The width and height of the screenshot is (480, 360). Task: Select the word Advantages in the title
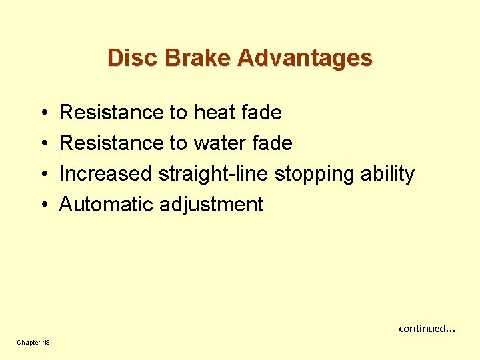305,58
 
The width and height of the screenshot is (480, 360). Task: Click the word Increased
106,174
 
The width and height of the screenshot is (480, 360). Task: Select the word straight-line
213,174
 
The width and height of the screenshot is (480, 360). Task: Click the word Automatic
107,205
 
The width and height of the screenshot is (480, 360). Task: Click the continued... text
427,328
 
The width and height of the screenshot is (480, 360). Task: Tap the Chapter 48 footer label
33,342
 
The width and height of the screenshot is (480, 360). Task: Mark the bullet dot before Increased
42,175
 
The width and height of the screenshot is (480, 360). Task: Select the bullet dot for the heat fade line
42,113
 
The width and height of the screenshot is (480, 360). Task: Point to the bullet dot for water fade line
42,144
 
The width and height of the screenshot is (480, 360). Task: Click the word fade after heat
262,113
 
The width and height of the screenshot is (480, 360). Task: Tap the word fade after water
273,143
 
